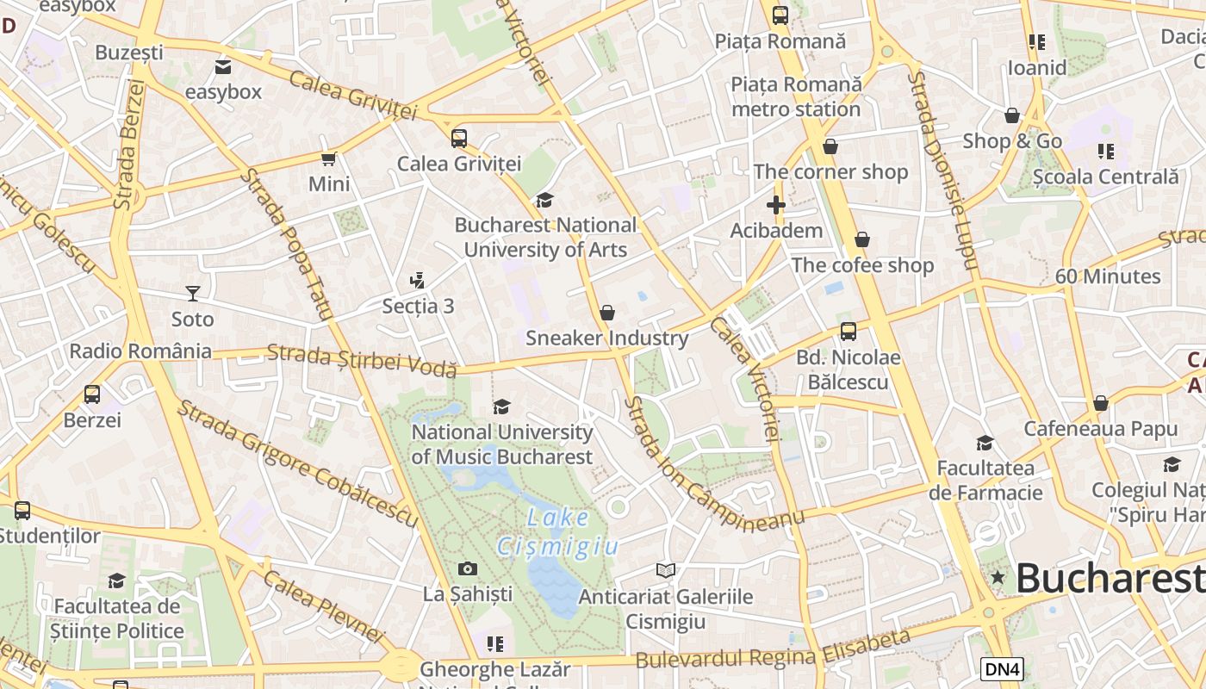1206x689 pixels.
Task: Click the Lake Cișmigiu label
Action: [558, 532]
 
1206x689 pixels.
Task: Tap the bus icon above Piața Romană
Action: [780, 15]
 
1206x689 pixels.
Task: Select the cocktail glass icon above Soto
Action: [192, 294]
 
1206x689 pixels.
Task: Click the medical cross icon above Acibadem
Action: [776, 205]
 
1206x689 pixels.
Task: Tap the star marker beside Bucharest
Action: [998, 577]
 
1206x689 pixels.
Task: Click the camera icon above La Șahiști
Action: [468, 568]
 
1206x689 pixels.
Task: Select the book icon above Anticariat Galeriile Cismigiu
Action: [666, 570]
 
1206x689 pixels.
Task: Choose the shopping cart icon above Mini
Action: [328, 158]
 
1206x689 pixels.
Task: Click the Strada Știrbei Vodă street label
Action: [361, 360]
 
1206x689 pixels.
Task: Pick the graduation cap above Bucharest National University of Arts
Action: [544, 200]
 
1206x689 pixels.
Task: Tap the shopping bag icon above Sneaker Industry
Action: [607, 312]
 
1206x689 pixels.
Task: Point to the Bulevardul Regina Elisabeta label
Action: [773, 649]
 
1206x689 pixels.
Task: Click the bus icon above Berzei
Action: [92, 394]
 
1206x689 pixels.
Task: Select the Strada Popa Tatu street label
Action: [286, 245]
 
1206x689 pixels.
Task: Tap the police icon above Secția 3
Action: [418, 280]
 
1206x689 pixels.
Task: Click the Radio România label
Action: [140, 351]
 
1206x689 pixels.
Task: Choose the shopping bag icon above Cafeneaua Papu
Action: [1100, 403]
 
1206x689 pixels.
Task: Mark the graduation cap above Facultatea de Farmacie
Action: [985, 443]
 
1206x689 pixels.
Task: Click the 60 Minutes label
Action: [1108, 276]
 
